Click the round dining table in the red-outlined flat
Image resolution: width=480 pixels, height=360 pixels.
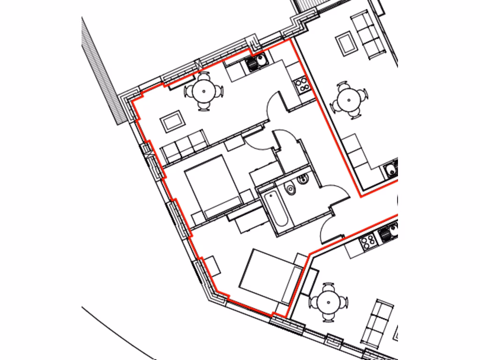[203, 90]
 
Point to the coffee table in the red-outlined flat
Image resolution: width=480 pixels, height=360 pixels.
[172, 121]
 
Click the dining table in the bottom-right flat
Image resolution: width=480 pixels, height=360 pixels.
[329, 301]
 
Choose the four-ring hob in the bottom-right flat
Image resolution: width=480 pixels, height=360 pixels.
[367, 242]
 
